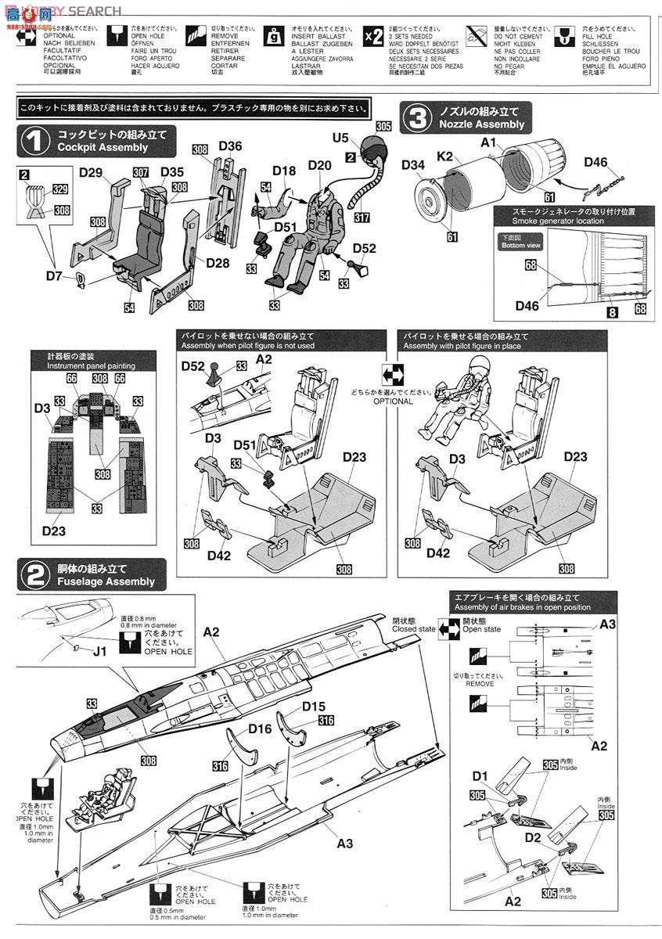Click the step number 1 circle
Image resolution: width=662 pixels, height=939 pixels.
(34, 141)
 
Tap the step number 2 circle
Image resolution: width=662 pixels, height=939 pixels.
(34, 575)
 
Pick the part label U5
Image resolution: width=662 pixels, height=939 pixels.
(340, 138)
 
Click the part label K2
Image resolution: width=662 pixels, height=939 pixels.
(445, 156)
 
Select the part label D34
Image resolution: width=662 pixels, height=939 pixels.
(413, 164)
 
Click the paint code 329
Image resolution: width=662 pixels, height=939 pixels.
(60, 189)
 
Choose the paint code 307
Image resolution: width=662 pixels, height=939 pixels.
(141, 172)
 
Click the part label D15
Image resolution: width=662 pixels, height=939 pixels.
(314, 707)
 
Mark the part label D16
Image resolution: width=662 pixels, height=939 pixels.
(260, 729)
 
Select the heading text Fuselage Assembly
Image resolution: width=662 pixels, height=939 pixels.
(106, 582)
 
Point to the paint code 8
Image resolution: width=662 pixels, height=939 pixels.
(611, 312)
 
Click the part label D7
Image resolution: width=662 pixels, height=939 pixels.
(53, 275)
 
